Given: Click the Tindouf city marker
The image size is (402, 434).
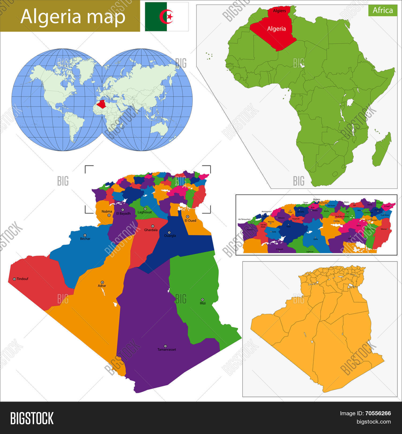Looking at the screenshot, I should (14, 279).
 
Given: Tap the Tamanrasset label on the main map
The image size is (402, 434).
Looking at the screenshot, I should (167, 350).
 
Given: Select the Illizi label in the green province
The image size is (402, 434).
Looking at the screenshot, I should (203, 303).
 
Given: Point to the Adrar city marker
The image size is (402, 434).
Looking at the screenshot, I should (102, 282).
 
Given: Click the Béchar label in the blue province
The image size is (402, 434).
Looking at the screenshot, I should (85, 239).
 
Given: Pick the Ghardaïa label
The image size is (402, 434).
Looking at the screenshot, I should (151, 230).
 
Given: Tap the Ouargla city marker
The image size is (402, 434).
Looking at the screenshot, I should (169, 233).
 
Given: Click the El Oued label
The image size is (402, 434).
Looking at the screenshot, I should (190, 220).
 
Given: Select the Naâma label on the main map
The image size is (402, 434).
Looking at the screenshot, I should (107, 211).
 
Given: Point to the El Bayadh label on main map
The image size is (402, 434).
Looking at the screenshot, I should (123, 214).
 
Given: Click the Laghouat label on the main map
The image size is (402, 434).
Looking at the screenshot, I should (144, 212).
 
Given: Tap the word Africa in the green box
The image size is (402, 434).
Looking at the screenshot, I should (383, 10).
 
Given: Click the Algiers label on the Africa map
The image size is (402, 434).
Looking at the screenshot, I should (279, 11).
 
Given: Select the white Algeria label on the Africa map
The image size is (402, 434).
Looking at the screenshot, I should (276, 29).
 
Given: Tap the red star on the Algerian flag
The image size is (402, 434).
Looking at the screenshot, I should (169, 17).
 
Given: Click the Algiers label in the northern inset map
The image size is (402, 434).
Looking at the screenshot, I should (317, 199).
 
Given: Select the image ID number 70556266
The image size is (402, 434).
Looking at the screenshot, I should (378, 413).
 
